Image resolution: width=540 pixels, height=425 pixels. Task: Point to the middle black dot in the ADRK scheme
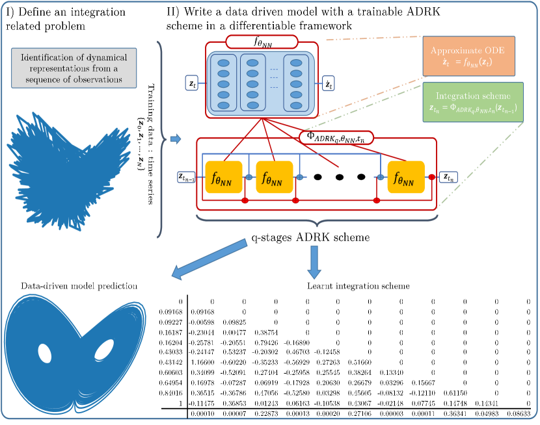[340, 176]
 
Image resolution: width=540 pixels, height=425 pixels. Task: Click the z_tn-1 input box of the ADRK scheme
[187, 176]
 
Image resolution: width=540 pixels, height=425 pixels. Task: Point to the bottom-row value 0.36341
[465, 414]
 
